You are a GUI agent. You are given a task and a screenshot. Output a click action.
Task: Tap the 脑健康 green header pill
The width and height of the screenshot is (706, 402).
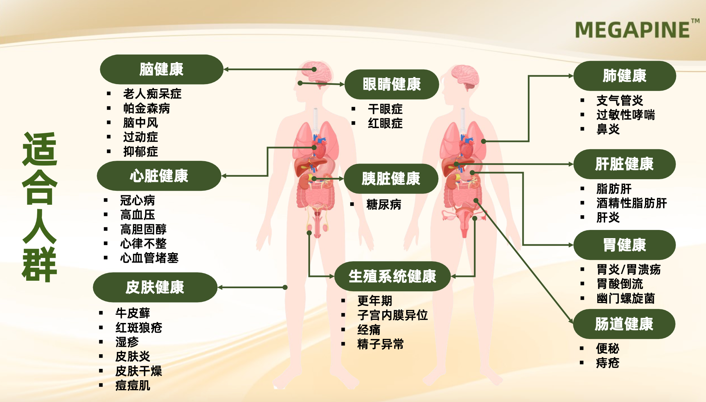click(x=162, y=69)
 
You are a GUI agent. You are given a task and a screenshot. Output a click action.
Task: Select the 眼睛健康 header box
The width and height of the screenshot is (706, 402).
click(x=392, y=84)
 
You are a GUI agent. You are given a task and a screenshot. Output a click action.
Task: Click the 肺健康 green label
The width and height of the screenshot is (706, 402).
click(x=624, y=76)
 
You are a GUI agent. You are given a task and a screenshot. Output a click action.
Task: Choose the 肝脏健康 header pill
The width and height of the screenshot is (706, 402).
click(x=624, y=164)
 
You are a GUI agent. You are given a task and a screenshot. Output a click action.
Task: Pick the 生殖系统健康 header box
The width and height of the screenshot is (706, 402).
click(x=392, y=276)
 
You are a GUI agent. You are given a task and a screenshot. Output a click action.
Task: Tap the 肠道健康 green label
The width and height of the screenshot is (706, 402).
click(x=624, y=324)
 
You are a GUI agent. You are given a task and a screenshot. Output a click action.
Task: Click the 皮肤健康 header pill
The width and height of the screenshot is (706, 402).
click(x=155, y=287)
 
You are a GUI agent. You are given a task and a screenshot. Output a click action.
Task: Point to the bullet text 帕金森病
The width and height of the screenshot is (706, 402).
click(x=147, y=108)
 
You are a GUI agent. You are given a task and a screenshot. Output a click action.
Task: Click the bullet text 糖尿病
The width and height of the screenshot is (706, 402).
click(x=384, y=204)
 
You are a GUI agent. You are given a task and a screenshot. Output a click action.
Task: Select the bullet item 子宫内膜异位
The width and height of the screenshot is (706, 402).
click(x=393, y=315)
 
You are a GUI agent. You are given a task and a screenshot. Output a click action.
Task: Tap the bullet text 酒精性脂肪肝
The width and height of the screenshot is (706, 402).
click(x=631, y=203)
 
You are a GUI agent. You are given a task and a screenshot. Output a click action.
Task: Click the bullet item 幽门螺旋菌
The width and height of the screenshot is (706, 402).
click(x=626, y=298)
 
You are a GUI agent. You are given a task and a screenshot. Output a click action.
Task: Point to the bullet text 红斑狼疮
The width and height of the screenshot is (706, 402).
click(x=139, y=327)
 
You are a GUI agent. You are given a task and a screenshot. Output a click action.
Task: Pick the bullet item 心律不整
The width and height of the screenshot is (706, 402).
click(x=143, y=243)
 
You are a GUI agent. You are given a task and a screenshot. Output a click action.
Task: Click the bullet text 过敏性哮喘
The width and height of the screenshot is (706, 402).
click(x=626, y=115)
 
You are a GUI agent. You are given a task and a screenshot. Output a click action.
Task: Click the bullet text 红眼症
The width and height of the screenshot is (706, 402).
click(x=385, y=123)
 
